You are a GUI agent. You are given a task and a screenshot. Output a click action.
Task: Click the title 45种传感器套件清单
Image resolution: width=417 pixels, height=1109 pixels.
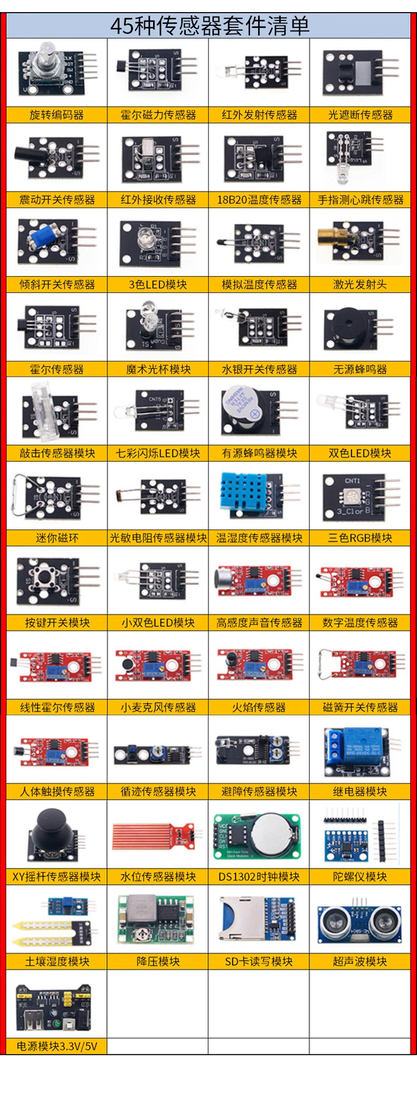pyautogui.click(x=209, y=26)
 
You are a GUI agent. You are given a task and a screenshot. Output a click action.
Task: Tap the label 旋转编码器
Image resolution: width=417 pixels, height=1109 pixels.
pyautogui.click(x=56, y=115)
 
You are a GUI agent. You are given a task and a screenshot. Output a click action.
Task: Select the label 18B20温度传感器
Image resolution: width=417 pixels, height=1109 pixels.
pyautogui.click(x=259, y=200)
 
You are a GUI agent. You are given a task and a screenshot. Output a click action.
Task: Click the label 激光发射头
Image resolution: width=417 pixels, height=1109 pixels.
pyautogui.click(x=359, y=285)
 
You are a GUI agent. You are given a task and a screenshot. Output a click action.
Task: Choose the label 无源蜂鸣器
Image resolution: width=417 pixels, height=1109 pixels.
pyautogui.click(x=359, y=369)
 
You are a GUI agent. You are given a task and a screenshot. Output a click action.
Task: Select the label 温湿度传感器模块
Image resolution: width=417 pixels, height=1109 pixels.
pyautogui.click(x=259, y=538)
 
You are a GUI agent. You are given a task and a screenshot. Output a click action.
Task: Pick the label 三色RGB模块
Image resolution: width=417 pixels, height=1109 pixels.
pyautogui.click(x=359, y=538)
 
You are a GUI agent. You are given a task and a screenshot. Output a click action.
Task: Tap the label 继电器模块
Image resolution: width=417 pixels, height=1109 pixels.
pyautogui.click(x=359, y=792)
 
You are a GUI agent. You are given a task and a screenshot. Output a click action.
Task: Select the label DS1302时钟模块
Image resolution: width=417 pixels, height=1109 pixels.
pyautogui.click(x=259, y=877)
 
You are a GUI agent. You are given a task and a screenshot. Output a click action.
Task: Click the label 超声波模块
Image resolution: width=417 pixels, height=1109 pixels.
pyautogui.click(x=359, y=961)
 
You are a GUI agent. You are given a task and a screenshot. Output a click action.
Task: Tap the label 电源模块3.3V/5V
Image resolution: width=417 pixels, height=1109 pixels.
pyautogui.click(x=56, y=1046)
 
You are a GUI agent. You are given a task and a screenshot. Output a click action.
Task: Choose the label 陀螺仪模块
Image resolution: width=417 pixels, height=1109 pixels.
pyautogui.click(x=359, y=877)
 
